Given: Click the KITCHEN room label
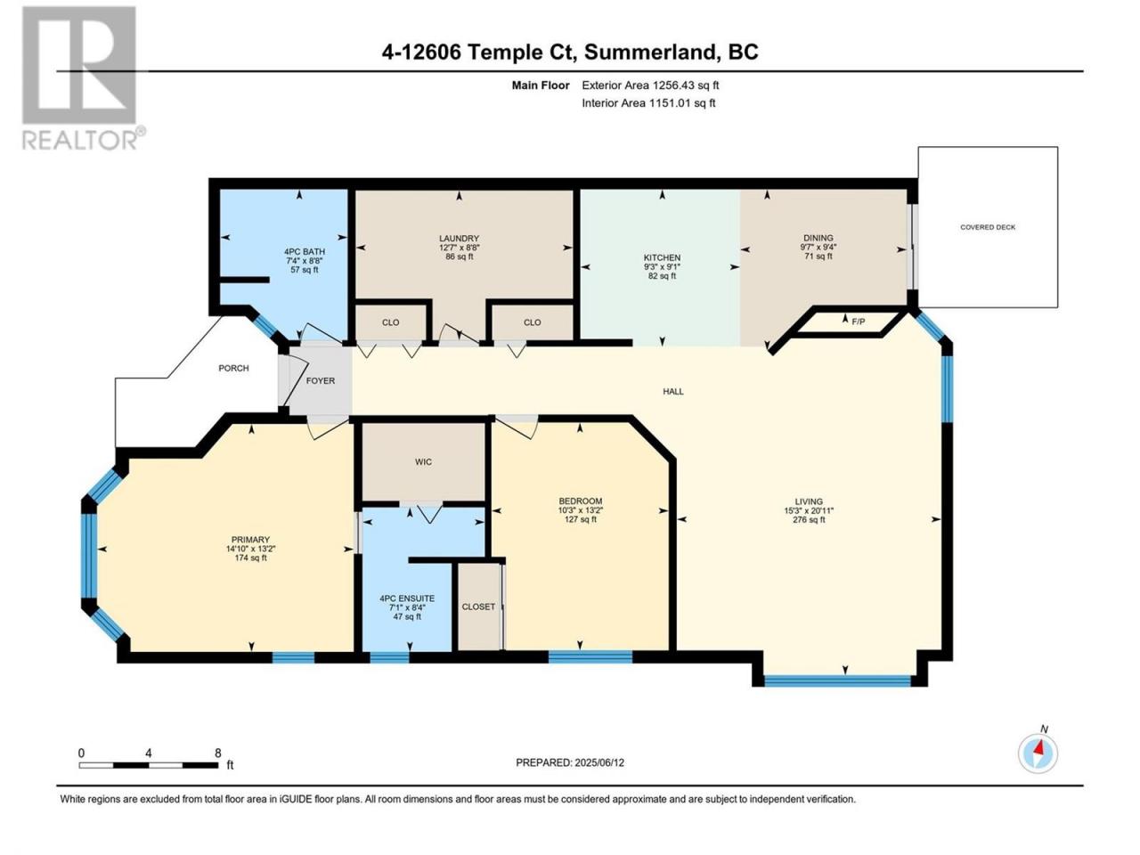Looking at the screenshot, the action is point(662,257).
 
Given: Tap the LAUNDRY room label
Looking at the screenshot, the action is point(459,239).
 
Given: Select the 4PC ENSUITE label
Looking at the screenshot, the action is point(407,598).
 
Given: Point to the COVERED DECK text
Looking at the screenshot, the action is point(988,227).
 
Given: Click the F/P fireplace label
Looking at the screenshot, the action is point(858,322).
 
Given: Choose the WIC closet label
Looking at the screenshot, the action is point(423,461).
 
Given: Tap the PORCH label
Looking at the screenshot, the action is point(233,368).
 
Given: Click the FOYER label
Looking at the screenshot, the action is point(321,380).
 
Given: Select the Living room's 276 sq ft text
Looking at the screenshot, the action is point(809,519).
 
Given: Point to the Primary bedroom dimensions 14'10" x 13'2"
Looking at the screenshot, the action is point(250,549).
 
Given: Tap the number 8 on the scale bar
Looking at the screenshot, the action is point(217,753).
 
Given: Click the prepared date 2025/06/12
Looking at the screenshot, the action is point(599,762).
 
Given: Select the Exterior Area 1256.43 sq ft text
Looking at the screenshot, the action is point(650,85).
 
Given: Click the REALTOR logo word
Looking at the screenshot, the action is point(80,140).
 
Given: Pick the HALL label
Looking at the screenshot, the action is point(673,391).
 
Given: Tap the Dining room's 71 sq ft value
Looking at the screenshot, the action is point(818,256).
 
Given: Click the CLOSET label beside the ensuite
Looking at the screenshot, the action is point(478,607).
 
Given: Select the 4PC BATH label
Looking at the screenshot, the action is point(304,251).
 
